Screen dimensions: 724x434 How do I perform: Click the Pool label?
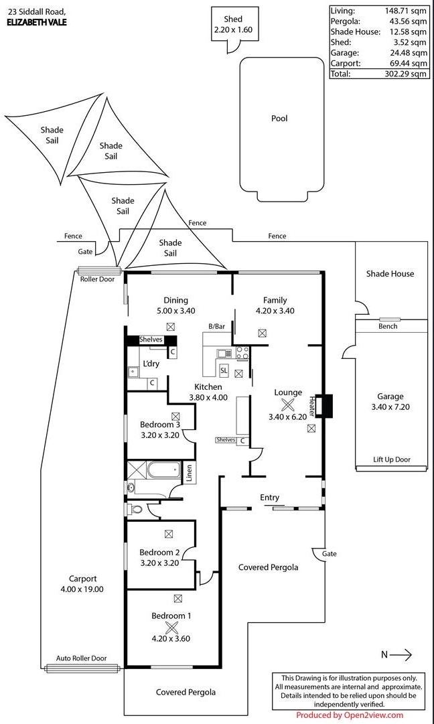pos(279,119)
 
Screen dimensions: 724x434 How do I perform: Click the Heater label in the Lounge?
pos(312,405)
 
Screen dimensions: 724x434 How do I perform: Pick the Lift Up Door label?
pos(392,460)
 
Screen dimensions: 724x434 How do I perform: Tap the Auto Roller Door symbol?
pos(82,668)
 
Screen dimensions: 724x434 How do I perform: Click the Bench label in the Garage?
pos(388,326)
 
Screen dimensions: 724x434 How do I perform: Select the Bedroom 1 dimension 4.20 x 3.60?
pos(170,638)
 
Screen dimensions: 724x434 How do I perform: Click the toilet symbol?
pos(136,510)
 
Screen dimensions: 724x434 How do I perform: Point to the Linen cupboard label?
pos(190,473)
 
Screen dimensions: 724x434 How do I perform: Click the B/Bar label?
pos(216,326)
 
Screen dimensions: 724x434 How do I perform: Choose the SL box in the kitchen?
pos(224,370)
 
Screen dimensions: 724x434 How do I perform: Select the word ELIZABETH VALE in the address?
pos(37,22)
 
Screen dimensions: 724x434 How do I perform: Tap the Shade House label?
pos(390,273)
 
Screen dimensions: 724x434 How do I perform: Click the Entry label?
pos(270,498)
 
